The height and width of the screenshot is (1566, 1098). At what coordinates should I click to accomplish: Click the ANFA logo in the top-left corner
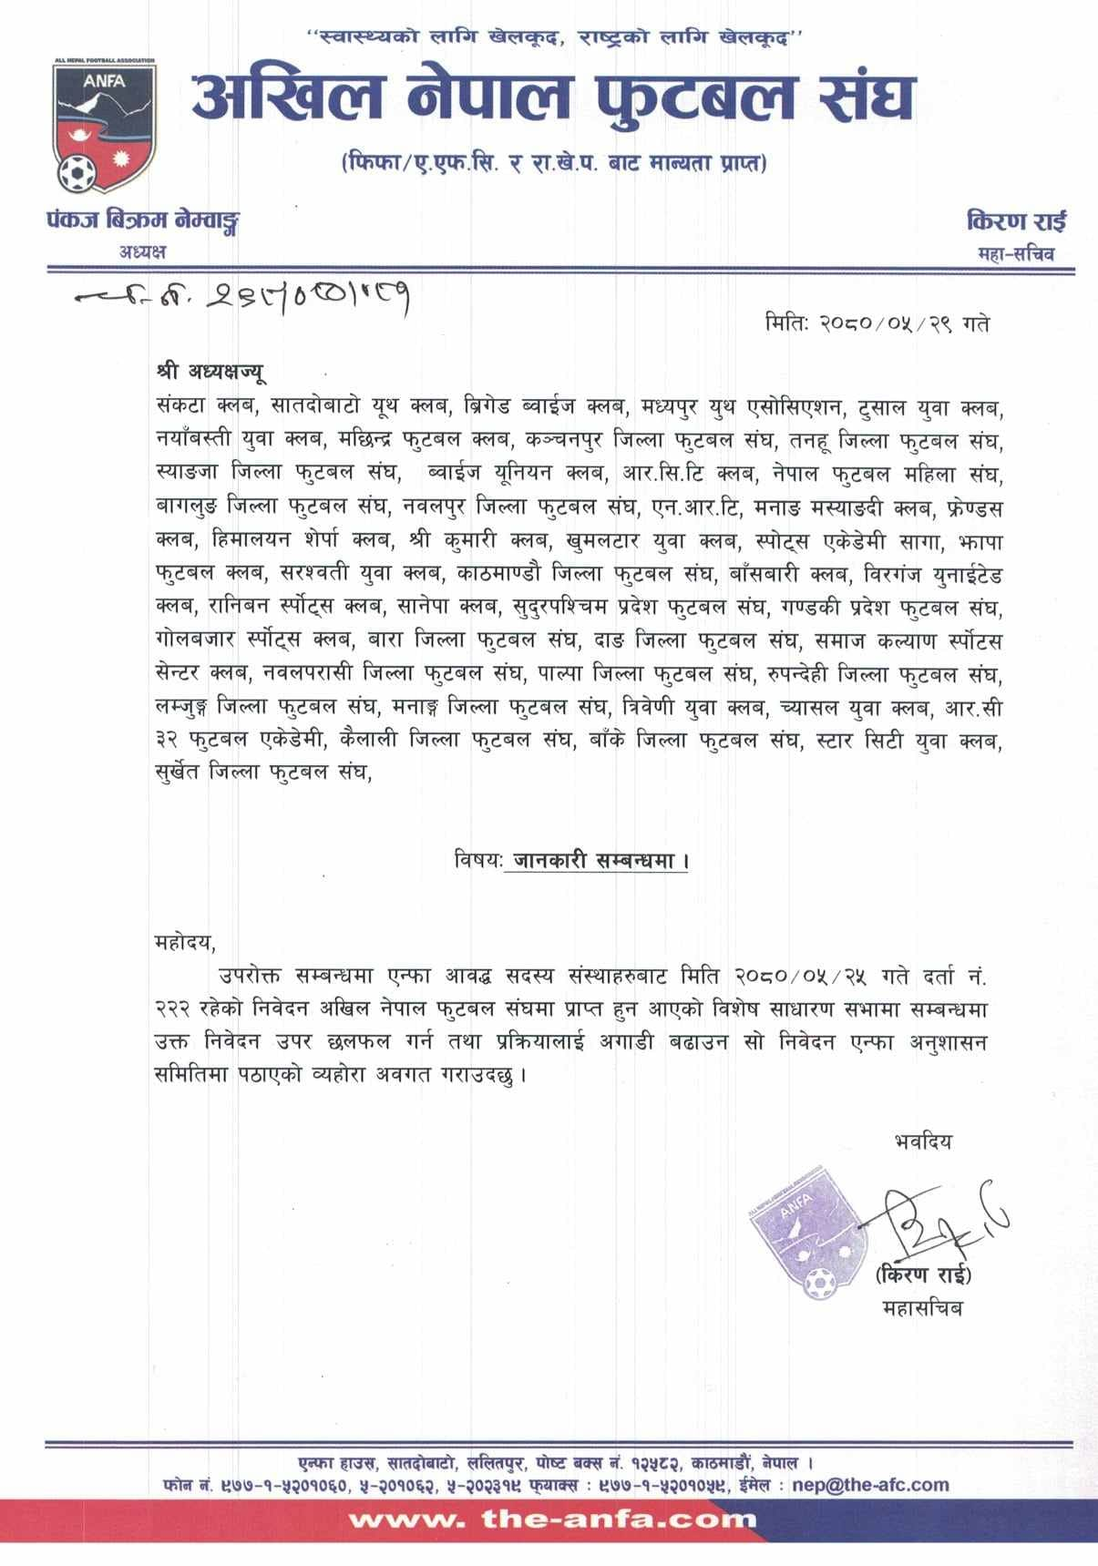102,126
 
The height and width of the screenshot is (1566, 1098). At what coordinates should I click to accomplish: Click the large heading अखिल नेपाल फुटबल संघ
552,98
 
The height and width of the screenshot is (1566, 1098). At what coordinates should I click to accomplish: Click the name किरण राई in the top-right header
1016,221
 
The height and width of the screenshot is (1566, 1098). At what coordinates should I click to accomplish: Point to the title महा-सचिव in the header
1011,253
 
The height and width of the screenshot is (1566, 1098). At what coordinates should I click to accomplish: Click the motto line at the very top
552,37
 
